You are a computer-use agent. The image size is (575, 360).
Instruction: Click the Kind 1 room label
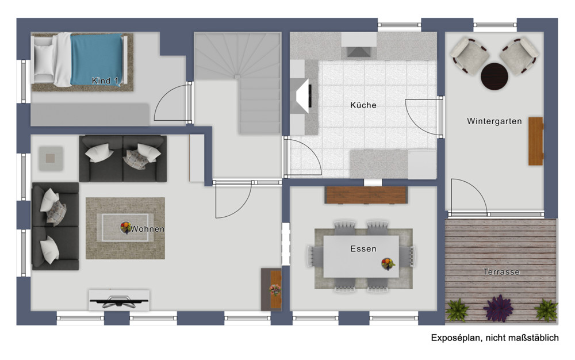pos(105,81)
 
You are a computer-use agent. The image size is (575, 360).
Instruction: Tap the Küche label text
pos(363,105)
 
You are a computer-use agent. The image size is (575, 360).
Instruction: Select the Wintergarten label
pos(494,121)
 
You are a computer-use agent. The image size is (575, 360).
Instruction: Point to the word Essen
pos(363,249)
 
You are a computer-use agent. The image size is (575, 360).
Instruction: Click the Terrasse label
pos(501,272)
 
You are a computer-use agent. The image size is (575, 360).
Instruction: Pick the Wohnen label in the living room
pos(147,229)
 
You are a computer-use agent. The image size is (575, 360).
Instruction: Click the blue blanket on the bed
pos(96,59)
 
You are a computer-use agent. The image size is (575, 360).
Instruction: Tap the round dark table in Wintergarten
pos(494,76)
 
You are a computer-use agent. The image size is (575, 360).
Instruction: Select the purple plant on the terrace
pos(498,308)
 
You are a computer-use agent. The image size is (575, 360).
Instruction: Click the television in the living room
pos(119,300)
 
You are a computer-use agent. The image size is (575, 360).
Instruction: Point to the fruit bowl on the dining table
pos(388,264)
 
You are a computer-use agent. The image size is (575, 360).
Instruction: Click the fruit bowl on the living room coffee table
pos(126,227)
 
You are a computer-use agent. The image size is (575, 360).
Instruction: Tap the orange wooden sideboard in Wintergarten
pos(536,141)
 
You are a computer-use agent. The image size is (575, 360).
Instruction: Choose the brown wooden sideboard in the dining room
pos(366,195)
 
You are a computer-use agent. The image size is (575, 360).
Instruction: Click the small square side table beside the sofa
pos(51,158)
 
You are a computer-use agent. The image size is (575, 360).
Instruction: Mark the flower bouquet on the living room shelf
pos(275,290)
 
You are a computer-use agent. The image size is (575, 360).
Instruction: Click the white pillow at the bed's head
pos(44,60)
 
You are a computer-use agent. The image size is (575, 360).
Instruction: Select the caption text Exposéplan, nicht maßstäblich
pos(494,338)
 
